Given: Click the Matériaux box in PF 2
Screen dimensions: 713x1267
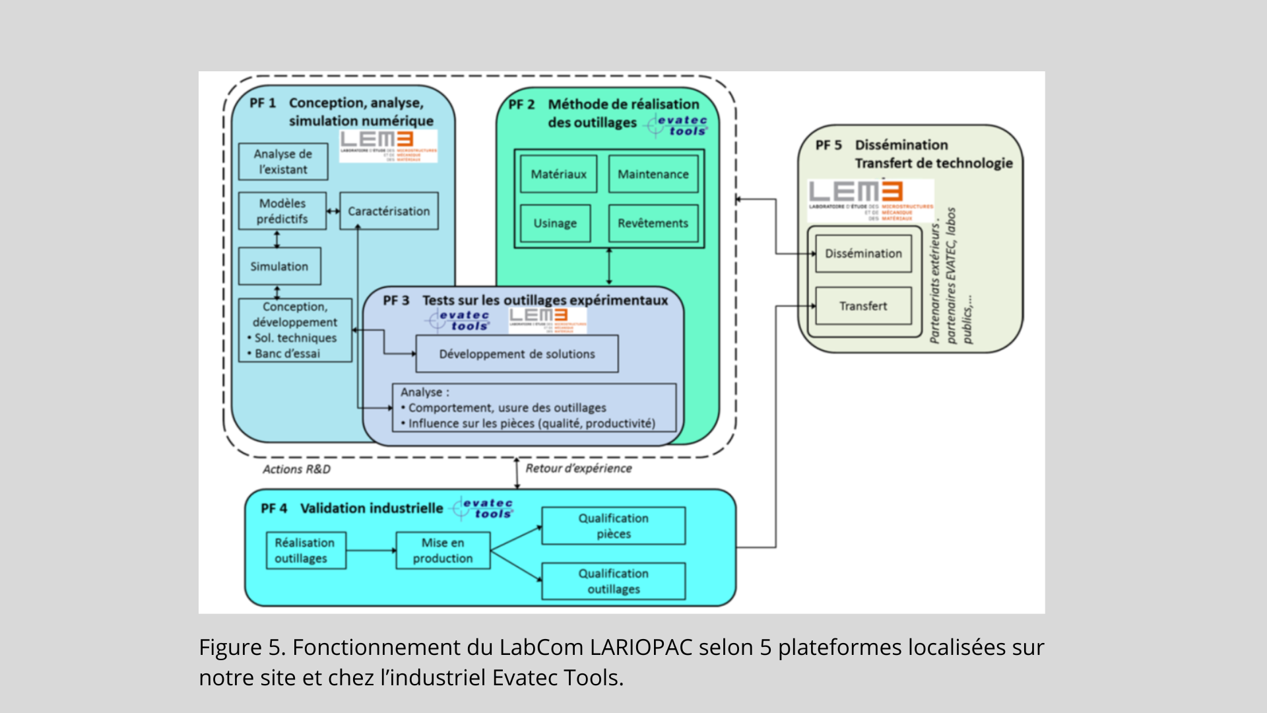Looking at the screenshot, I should click(x=558, y=174).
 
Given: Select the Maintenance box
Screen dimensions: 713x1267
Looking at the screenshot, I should click(x=653, y=174).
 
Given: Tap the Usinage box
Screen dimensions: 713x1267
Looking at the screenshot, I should click(x=555, y=223).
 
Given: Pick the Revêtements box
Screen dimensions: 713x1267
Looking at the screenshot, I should click(x=653, y=223).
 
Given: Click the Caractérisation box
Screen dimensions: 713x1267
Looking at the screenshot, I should click(x=389, y=211).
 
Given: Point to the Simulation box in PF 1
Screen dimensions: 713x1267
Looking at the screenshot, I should click(x=279, y=267).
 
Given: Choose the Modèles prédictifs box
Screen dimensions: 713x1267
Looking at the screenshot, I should click(x=282, y=211).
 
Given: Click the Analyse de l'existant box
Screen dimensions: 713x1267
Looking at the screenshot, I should click(x=283, y=162).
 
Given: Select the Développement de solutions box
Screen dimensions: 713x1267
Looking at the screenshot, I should click(x=517, y=354).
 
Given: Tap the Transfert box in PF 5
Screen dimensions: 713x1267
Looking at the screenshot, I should click(x=863, y=306).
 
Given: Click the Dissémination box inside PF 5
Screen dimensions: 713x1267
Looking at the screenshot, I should click(x=863, y=254).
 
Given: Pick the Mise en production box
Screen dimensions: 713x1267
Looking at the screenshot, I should click(x=443, y=551).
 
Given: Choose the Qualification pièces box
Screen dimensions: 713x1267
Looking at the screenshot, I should click(x=614, y=526).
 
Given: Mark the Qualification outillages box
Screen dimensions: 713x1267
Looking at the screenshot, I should click(x=614, y=582).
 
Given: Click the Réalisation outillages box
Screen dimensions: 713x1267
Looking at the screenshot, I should click(x=306, y=551).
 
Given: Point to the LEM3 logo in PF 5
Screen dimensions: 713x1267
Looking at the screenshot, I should click(x=870, y=200).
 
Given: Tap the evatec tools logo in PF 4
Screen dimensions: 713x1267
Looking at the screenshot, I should click(x=484, y=508).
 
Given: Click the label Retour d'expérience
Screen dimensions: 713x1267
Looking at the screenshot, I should click(x=579, y=468).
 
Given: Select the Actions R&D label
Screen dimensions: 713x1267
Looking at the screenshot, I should click(x=297, y=469).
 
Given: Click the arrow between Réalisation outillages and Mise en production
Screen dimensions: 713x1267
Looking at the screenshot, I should click(x=371, y=551).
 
